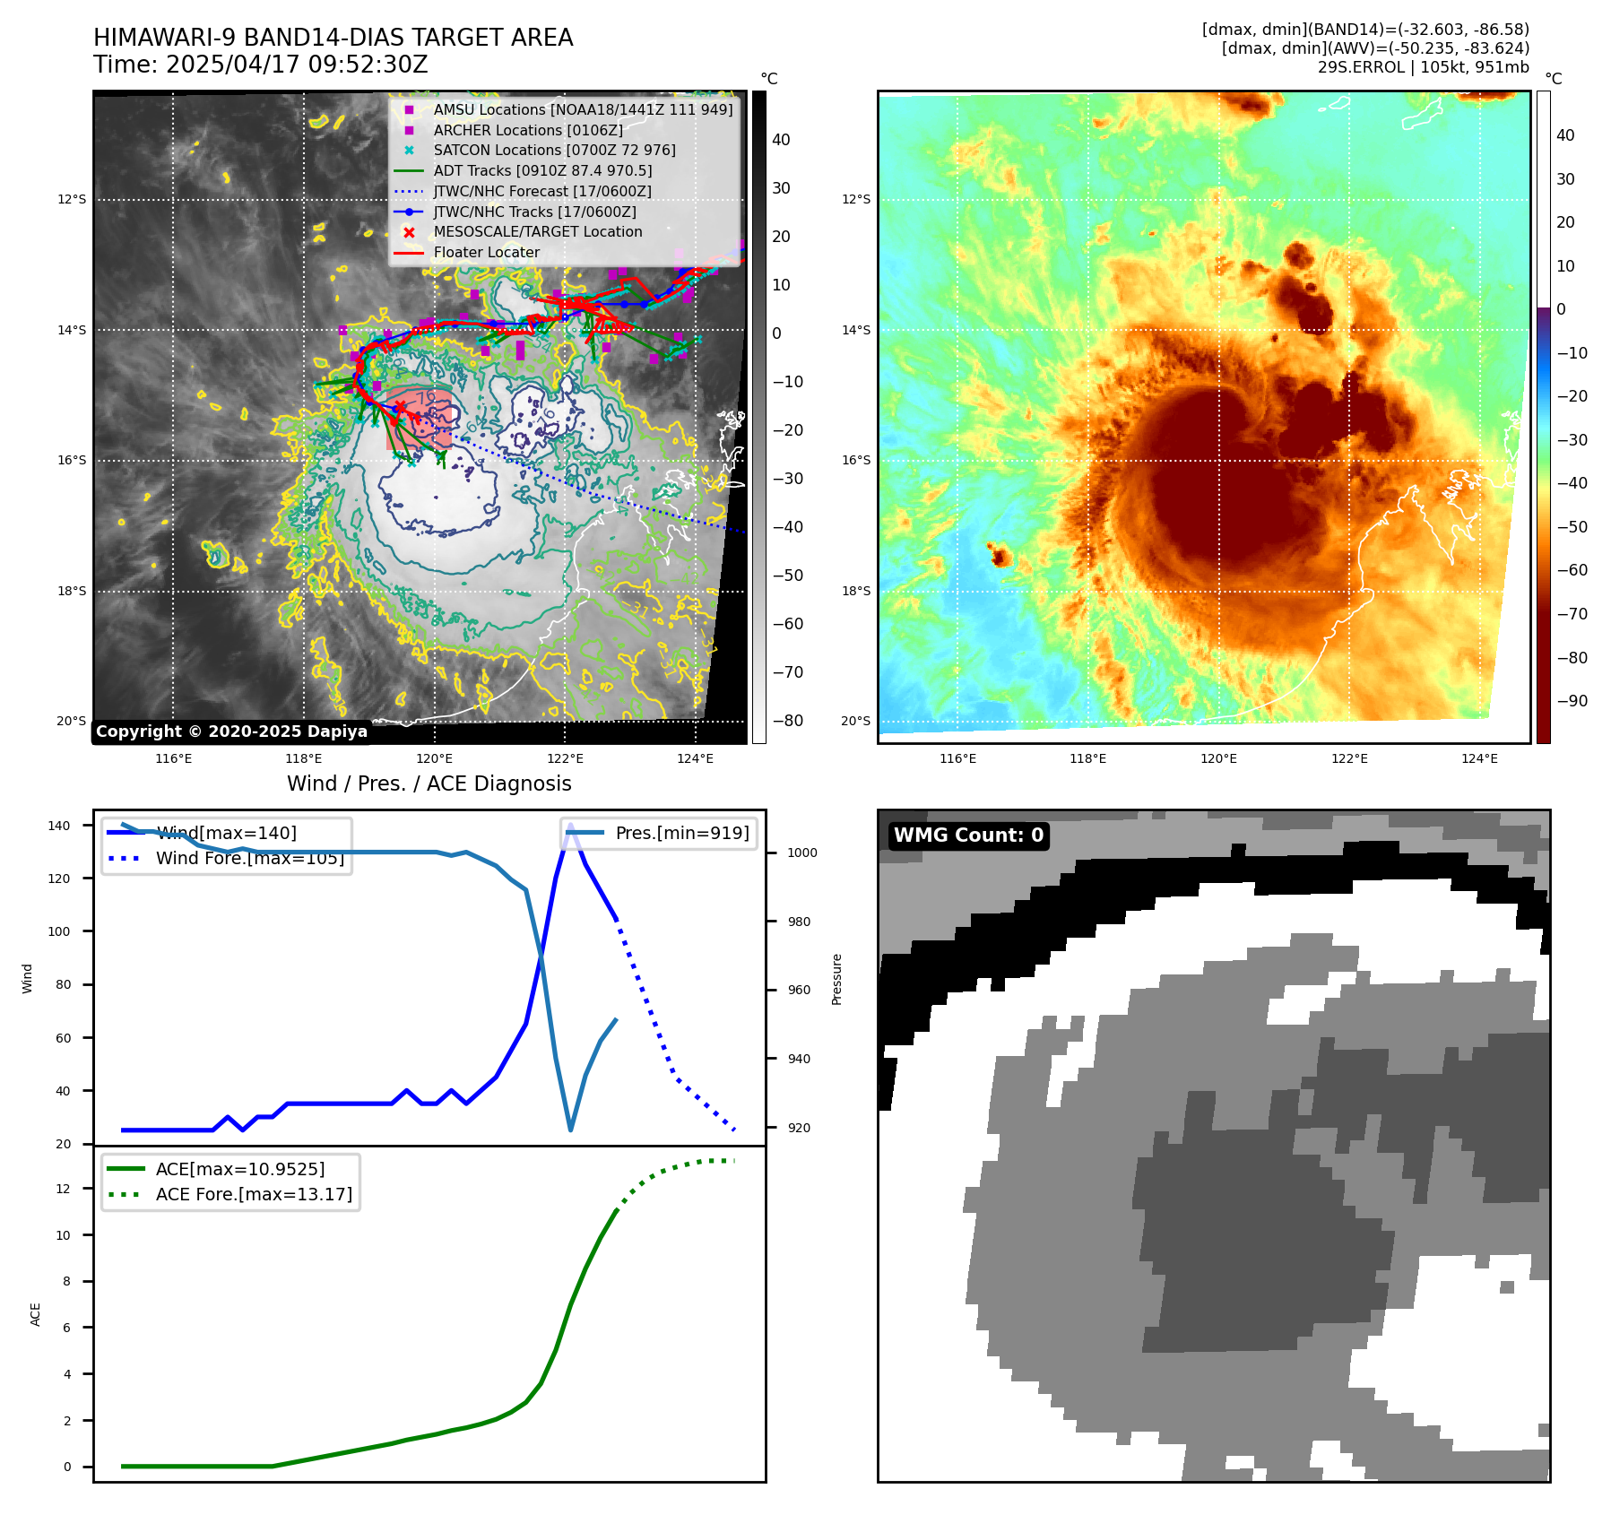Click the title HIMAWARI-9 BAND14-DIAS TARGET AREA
pos(333,38)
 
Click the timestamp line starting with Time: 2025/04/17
pos(260,65)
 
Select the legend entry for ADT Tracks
pos(542,170)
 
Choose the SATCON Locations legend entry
pos(554,150)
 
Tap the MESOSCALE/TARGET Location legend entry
pos(538,231)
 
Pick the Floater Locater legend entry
pos(486,252)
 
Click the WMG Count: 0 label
pos(968,835)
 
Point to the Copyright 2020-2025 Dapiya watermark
pos(231,732)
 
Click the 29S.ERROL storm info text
pos(1423,67)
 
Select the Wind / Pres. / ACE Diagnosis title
pos(429,783)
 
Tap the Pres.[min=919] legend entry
pos(681,833)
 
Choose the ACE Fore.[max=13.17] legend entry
pos(254,1194)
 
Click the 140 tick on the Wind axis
pos(59,826)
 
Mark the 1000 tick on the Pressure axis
pos(801,853)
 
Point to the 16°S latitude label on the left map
pos(72,461)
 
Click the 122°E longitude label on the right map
pos(1348,758)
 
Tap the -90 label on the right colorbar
pos(1572,701)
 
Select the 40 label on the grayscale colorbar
pos(781,140)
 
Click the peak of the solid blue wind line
pos(570,826)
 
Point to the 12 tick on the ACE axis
pos(63,1189)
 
